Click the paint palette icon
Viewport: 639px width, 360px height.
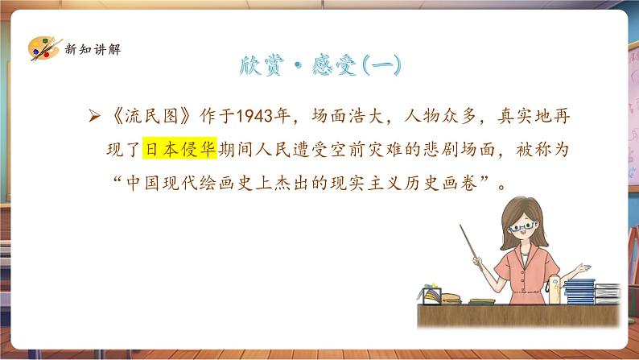tap(45, 48)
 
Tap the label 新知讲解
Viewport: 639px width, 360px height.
tap(93, 49)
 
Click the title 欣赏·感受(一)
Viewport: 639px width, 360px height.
tap(320, 65)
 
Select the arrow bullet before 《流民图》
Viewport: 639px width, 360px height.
tap(94, 116)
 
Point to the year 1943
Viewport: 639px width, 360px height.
tap(254, 116)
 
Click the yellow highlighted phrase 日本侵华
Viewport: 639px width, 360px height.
tap(179, 148)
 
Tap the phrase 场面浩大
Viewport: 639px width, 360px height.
tap(348, 116)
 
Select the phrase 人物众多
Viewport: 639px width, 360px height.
tap(440, 116)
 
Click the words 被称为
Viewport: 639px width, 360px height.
tap(542, 149)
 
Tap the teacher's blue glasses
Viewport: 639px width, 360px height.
tap(522, 226)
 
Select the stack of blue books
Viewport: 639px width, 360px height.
tap(579, 291)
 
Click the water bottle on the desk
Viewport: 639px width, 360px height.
tap(554, 289)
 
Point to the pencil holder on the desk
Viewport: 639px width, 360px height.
tap(431, 294)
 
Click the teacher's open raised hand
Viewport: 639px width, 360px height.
tap(583, 268)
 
